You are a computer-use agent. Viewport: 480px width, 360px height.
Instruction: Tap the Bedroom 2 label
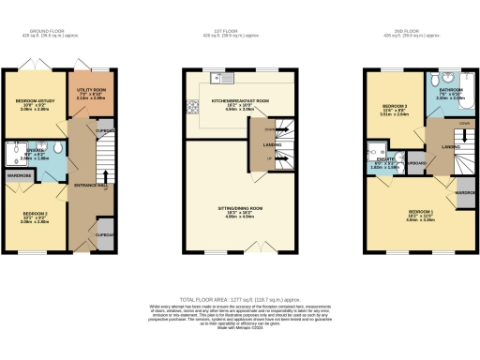(x=35, y=217)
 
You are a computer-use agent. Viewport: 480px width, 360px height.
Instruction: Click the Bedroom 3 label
(x=389, y=108)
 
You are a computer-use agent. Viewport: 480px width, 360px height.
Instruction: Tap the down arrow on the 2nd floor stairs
(x=441, y=124)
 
